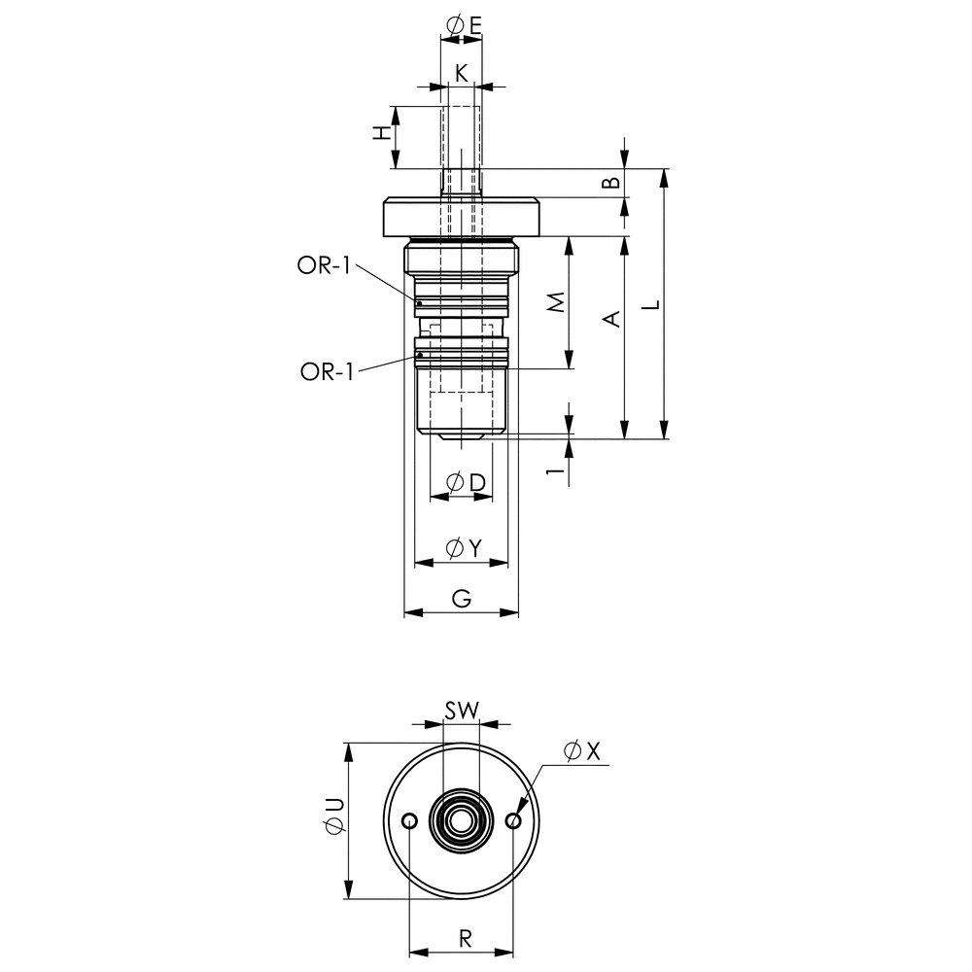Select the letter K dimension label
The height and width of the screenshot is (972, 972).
462,72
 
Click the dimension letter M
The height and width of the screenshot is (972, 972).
556,304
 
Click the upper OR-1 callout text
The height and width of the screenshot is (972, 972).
323,267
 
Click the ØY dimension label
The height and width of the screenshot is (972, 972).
463,549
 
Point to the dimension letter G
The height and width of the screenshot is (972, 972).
462,601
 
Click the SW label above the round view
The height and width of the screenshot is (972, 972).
462,711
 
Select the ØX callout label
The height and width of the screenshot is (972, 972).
583,750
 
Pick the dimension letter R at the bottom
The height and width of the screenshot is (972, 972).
465,939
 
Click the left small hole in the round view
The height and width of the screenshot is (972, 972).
410,821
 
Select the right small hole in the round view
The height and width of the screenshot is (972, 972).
514,821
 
